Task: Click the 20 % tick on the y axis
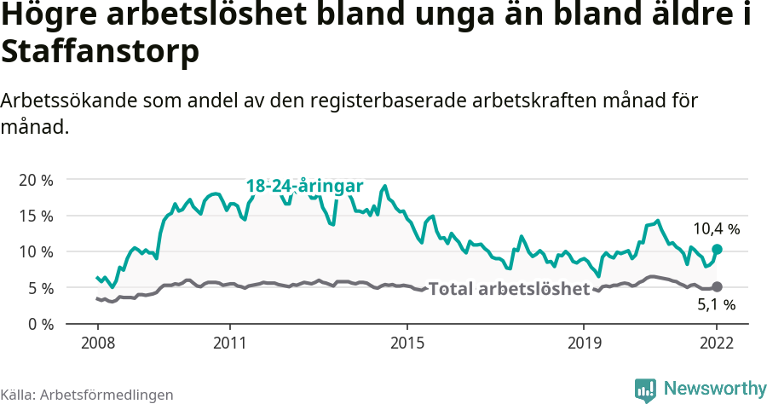pyautogui.click(x=36, y=180)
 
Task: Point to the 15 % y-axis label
pyautogui.click(x=36, y=216)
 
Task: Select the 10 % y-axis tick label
pyautogui.click(x=36, y=251)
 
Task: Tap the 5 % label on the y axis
pyautogui.click(x=40, y=288)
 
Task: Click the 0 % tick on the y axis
pyautogui.click(x=40, y=324)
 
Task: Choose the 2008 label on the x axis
pyautogui.click(x=97, y=343)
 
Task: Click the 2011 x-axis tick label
pyautogui.click(x=230, y=343)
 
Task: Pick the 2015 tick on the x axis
pyautogui.click(x=407, y=343)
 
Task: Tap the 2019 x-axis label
pyautogui.click(x=584, y=343)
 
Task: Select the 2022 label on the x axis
pyautogui.click(x=717, y=343)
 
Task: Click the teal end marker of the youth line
pyautogui.click(x=717, y=249)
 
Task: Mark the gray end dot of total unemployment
pyautogui.click(x=717, y=287)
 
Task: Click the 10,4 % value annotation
pyautogui.click(x=716, y=228)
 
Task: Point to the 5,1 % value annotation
pyautogui.click(x=716, y=304)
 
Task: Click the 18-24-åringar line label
pyautogui.click(x=304, y=186)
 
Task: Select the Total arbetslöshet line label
pyautogui.click(x=509, y=289)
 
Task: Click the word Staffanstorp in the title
pyautogui.click(x=100, y=52)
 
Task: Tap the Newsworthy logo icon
pyautogui.click(x=645, y=390)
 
